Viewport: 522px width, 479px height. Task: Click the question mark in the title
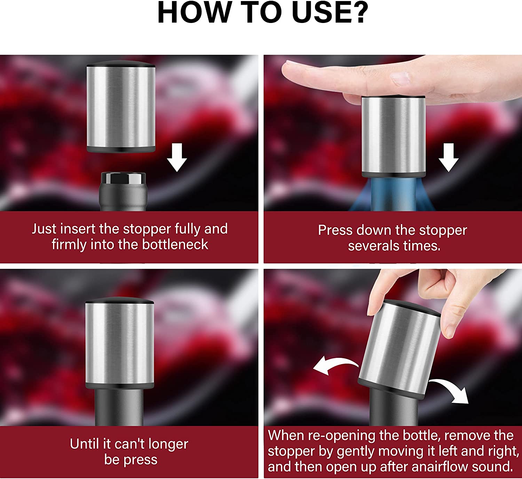pos(359,12)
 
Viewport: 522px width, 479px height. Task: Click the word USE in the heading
pos(319,12)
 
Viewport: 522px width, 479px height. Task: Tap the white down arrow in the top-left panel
pos(177,157)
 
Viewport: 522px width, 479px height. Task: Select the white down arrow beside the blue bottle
pos(449,157)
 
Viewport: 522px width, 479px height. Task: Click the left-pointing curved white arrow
pos(334,365)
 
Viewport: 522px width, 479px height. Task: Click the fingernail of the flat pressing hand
pos(400,78)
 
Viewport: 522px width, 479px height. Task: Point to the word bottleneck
pos(175,244)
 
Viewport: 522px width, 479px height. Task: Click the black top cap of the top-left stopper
pos(121,63)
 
